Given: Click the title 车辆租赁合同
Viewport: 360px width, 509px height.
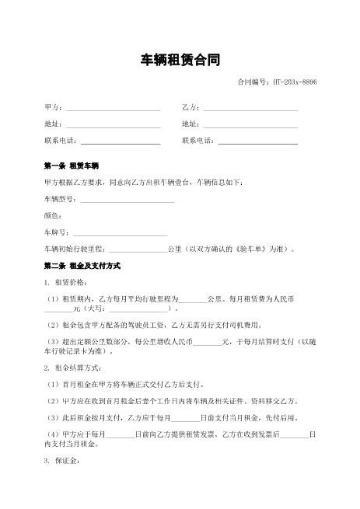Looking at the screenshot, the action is click(x=180, y=60).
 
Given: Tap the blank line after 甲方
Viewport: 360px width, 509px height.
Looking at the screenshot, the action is click(x=112, y=106).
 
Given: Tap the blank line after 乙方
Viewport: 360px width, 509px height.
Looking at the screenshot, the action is click(x=250, y=106).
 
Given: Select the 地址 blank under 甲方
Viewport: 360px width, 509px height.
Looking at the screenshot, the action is click(x=112, y=124).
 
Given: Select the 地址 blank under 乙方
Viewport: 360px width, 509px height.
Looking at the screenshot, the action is click(x=250, y=124).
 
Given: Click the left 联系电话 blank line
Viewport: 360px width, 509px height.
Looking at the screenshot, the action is click(x=121, y=141).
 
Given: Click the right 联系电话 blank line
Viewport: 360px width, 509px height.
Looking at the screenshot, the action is click(x=257, y=141).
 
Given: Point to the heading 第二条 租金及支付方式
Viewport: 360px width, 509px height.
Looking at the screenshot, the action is click(x=82, y=267).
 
